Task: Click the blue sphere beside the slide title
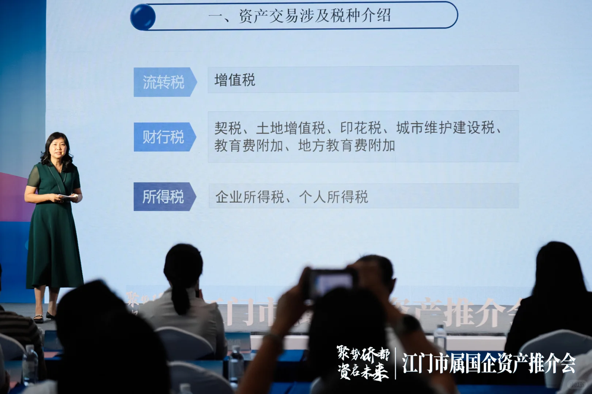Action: pos(143,17)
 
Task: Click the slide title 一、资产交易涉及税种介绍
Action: pos(299,16)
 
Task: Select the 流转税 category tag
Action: pos(163,82)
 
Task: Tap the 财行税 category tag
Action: pos(163,137)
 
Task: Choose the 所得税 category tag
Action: pos(163,197)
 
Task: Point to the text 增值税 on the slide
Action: pos(235,80)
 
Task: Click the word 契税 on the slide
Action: pos(228,128)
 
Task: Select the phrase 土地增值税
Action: pos(291,128)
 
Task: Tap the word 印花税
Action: pos(361,128)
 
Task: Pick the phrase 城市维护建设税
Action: pos(445,128)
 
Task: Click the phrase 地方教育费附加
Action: pos(346,146)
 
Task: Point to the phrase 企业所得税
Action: pos(250,197)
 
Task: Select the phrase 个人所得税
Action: pos(333,197)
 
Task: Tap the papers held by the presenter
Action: pos(68,197)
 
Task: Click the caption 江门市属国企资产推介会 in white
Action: pos(489,363)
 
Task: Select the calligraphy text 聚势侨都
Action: pos(363,354)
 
